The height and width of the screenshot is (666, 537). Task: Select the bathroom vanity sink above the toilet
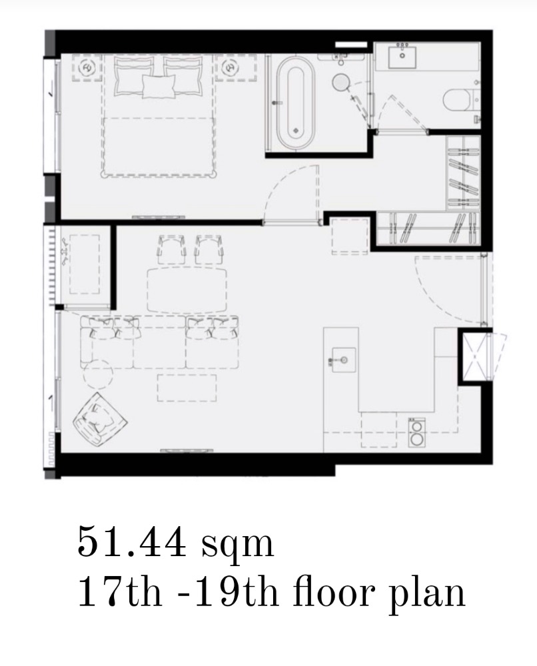click(402, 57)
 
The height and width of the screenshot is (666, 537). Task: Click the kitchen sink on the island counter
click(344, 360)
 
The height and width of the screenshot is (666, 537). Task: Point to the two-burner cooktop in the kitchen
click(417, 432)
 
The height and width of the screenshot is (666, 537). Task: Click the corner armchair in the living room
click(100, 419)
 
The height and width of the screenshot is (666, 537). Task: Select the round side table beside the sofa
click(98, 374)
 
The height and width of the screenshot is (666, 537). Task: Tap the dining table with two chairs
click(187, 290)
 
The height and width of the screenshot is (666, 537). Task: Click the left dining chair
click(172, 250)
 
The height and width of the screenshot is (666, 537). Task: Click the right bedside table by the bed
click(230, 67)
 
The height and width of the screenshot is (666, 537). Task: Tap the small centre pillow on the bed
click(159, 86)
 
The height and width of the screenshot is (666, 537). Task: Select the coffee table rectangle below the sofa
click(187, 388)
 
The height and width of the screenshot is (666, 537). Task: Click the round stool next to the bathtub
click(340, 81)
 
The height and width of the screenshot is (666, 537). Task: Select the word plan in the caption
click(427, 591)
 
